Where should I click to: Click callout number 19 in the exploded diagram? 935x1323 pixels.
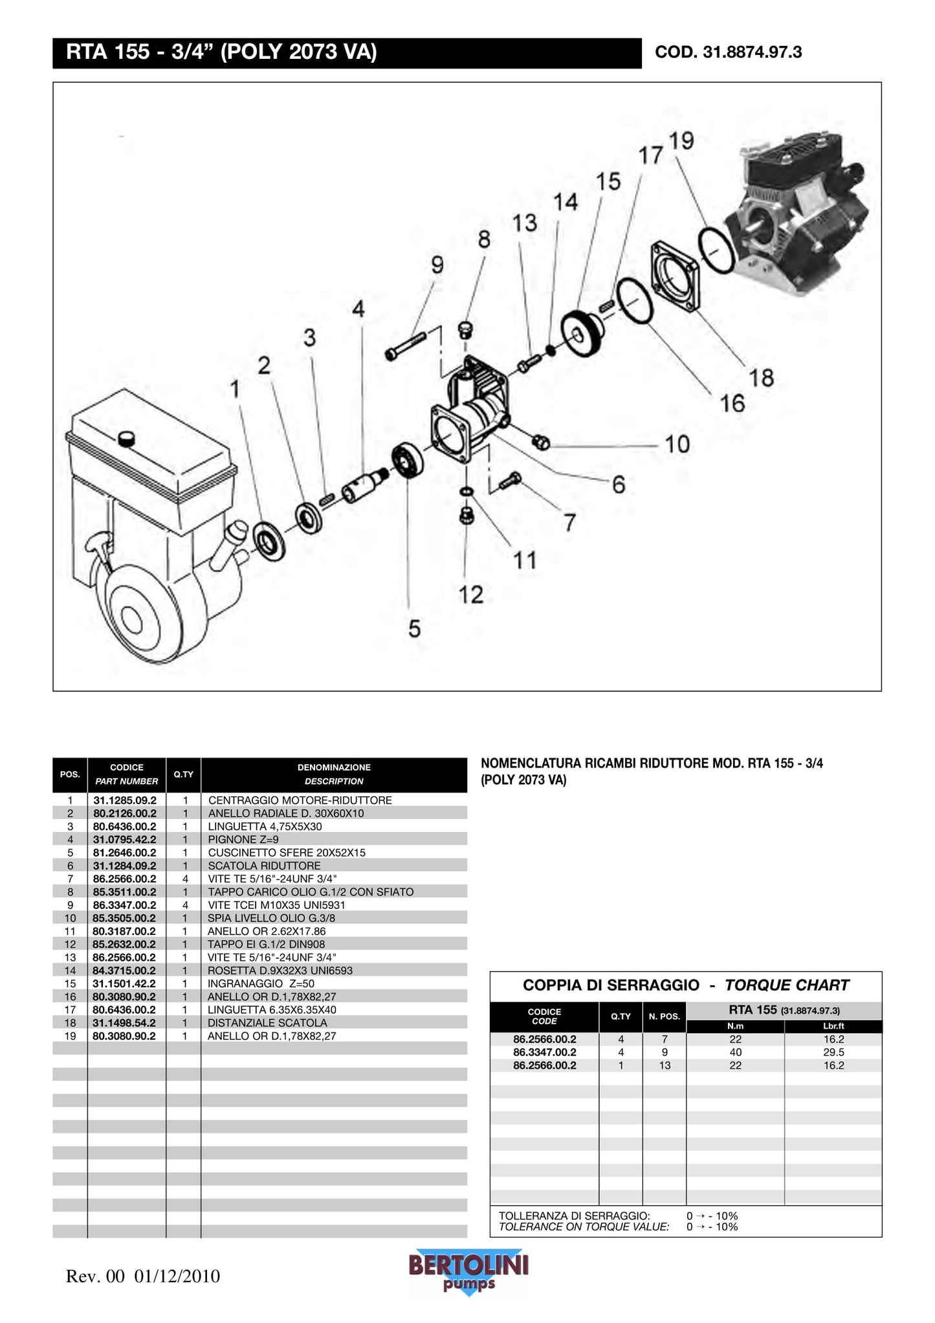(681, 140)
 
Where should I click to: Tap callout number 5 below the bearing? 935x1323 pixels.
(414, 628)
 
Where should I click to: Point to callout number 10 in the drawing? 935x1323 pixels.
(677, 444)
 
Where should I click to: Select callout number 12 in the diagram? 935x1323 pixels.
(470, 595)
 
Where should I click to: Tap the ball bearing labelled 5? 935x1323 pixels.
(408, 461)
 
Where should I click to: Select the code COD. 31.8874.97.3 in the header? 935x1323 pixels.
(728, 52)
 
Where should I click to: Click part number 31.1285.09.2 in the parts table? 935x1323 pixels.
(125, 800)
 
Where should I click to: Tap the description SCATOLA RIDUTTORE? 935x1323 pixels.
(264, 866)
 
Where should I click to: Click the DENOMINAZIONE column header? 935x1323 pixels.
(334, 768)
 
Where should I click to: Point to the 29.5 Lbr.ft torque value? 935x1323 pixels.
(833, 1053)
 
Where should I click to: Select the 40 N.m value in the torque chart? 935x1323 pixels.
(735, 1053)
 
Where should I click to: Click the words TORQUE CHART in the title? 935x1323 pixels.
(786, 985)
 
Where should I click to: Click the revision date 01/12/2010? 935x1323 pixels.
(177, 1276)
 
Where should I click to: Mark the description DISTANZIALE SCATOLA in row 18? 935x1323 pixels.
(267, 1023)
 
